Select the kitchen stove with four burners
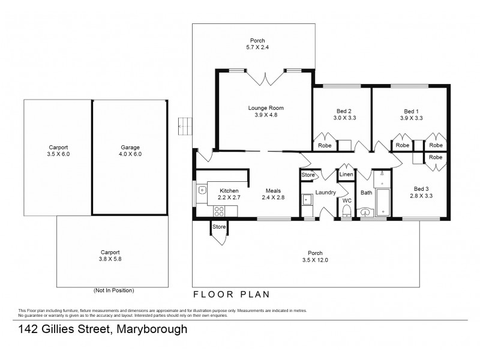(218, 211)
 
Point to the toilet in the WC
(346, 211)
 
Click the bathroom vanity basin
(365, 211)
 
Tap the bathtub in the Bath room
(382, 195)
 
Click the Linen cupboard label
(346, 175)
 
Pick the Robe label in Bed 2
(324, 145)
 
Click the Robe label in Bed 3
(436, 157)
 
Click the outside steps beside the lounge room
(185, 126)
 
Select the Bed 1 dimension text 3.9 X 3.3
(411, 118)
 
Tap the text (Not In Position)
(113, 290)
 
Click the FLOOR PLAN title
(230, 295)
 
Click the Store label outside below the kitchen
(218, 227)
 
